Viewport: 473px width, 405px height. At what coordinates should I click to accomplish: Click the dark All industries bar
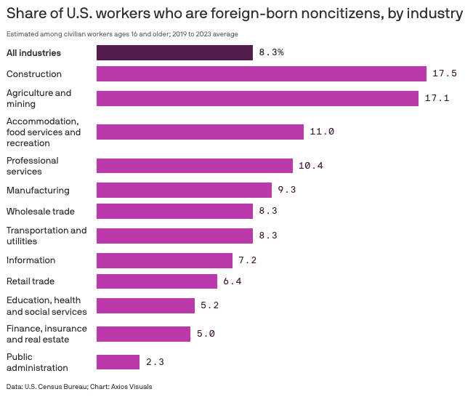tap(174, 52)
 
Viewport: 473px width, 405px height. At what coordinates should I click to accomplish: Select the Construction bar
tap(261, 73)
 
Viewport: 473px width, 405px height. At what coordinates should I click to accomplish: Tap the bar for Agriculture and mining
tap(257, 98)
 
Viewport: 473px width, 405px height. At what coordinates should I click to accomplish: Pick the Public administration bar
tap(118, 362)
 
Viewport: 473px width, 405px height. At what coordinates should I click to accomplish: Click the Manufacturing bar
tap(184, 190)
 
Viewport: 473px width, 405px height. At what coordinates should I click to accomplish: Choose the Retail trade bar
tap(157, 281)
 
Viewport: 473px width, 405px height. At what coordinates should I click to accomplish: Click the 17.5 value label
tap(444, 74)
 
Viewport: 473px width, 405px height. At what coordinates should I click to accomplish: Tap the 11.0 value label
tap(322, 132)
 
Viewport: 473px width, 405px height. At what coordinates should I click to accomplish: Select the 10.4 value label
tap(310, 166)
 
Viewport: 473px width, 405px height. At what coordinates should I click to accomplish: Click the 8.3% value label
tap(271, 53)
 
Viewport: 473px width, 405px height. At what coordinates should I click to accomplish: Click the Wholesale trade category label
tap(41, 212)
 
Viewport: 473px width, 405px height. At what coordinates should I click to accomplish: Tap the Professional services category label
tap(33, 166)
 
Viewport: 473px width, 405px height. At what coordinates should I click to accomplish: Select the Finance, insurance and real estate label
tap(47, 334)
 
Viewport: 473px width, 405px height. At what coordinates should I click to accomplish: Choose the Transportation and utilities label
tap(47, 236)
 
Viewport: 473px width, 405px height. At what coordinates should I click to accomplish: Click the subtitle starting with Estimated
tap(122, 34)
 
